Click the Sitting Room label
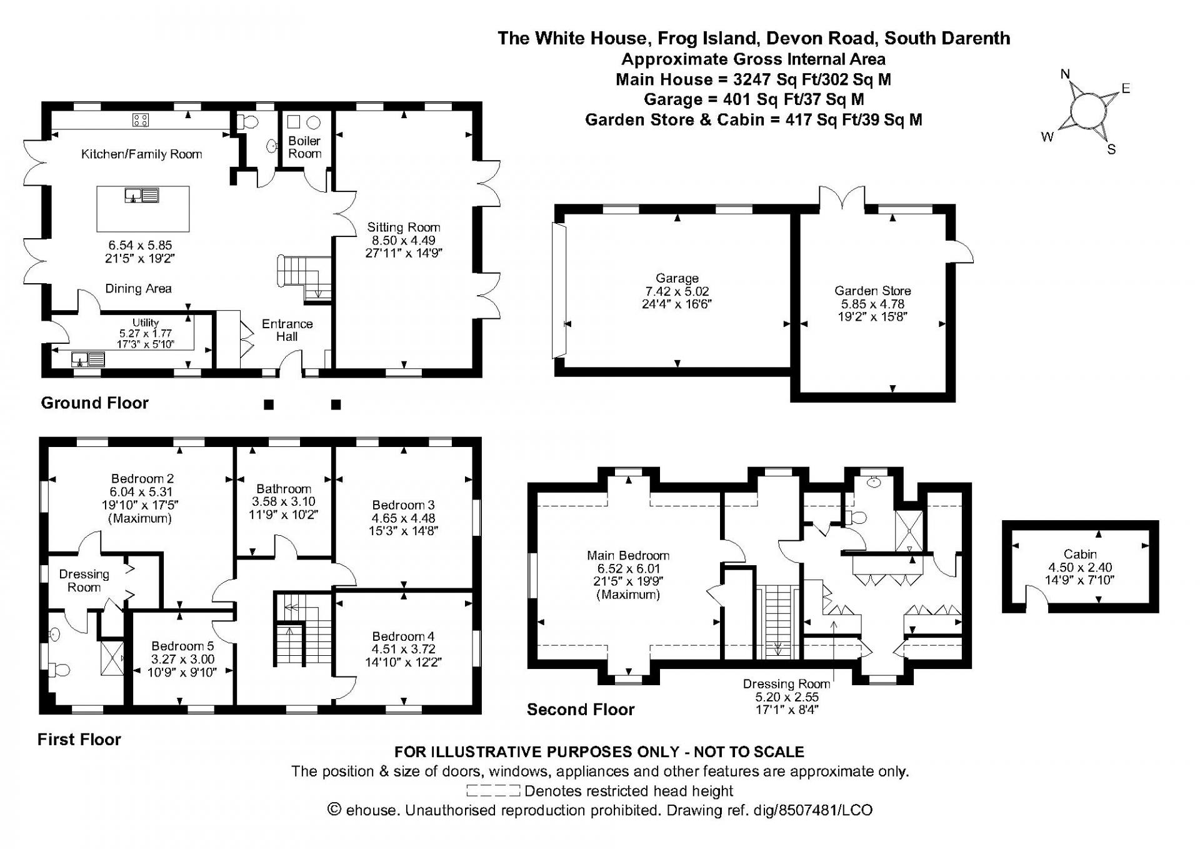404,228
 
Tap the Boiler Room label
305,148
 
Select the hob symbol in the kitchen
141,119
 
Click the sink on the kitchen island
142,196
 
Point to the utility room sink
88,359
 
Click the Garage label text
677,278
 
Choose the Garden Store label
872,291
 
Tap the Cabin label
1080,554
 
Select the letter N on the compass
1066,74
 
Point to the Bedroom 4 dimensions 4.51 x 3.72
404,650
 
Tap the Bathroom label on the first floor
284,489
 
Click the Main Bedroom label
628,555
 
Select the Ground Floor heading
95,403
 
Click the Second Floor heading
581,709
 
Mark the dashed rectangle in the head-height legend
493,791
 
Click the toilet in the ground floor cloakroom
248,122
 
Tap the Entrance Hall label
287,330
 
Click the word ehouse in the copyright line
371,810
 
